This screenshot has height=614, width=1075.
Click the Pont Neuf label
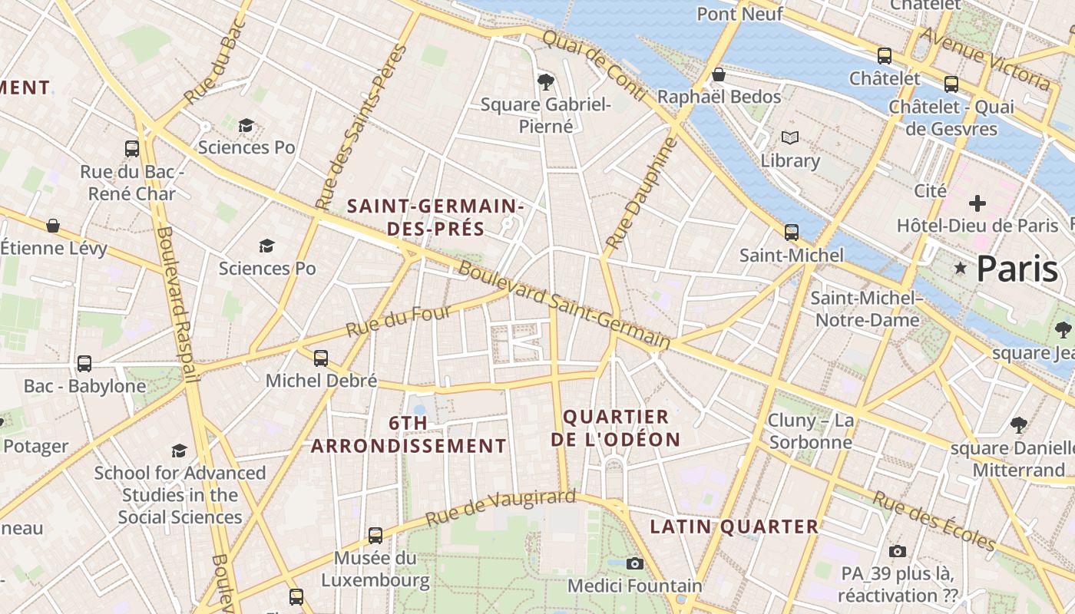tap(739, 14)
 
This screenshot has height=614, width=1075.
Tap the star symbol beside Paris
tap(960, 268)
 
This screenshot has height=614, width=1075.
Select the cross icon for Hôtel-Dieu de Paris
tap(977, 203)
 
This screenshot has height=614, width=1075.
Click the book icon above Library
tap(790, 138)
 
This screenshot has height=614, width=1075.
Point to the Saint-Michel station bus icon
tap(791, 232)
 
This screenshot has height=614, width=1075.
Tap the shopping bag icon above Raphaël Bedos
tap(719, 74)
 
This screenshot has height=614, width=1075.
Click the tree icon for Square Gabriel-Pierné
tap(546, 81)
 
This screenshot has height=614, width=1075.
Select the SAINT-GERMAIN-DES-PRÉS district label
tap(435, 217)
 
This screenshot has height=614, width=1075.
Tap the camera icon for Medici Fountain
tap(634, 564)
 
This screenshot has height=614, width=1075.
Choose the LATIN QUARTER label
tap(734, 527)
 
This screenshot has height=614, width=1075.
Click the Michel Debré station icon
tap(321, 358)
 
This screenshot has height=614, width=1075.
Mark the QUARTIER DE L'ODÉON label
tap(621, 428)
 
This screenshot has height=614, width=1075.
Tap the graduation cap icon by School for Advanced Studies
tap(179, 451)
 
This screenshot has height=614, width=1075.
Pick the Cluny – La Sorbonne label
tap(811, 431)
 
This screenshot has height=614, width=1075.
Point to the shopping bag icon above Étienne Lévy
tap(53, 226)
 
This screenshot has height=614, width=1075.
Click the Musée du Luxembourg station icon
tap(375, 535)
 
